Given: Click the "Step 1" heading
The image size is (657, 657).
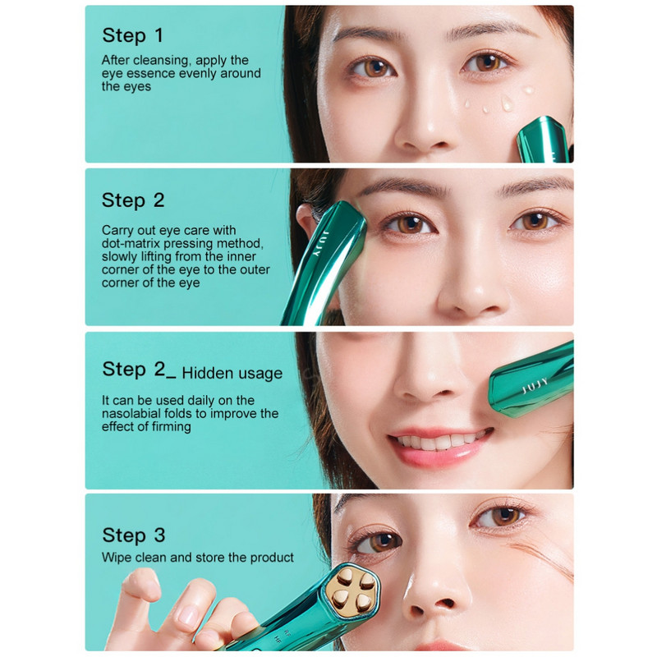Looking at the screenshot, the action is click(132, 35).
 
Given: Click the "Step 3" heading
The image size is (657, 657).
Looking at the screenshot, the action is click(134, 535).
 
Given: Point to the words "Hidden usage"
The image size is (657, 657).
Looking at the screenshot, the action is click(232, 373).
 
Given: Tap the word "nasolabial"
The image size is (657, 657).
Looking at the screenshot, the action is click(131, 414).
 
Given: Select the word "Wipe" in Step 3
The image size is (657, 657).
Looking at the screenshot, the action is click(117, 558).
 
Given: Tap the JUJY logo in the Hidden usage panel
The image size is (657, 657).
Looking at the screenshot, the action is click(535, 386).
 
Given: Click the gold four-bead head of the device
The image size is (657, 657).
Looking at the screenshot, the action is click(353, 589).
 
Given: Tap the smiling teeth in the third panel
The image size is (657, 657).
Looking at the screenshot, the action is click(439, 441).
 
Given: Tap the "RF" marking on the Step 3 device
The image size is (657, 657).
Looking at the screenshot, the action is click(287, 630).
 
